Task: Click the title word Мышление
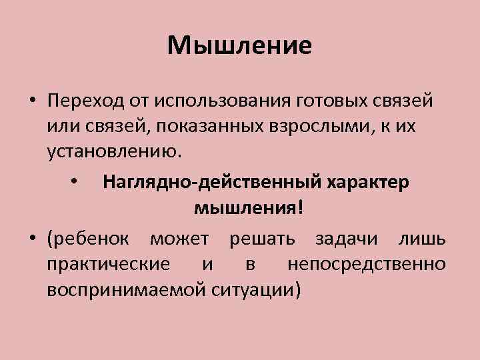pyautogui.click(x=240, y=45)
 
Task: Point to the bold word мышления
pyautogui.click(x=247, y=208)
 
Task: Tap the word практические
pyautogui.click(x=108, y=264)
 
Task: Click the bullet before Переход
pyautogui.click(x=31, y=101)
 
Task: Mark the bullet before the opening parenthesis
pyautogui.click(x=31, y=239)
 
